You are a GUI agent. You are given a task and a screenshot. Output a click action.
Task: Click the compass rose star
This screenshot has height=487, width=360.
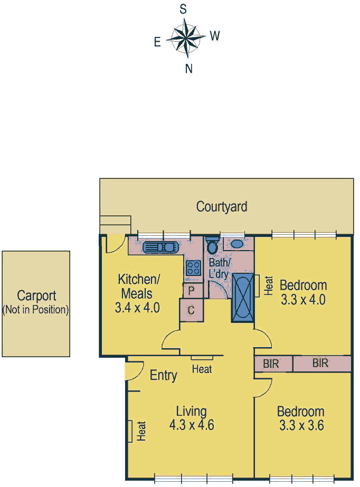coord(186,38)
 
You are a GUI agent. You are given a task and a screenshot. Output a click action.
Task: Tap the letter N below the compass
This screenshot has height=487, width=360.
coord(188,69)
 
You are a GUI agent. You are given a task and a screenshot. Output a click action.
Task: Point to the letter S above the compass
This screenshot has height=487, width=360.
coord(183,9)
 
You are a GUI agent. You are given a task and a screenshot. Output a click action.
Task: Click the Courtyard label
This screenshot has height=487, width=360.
coord(222,206)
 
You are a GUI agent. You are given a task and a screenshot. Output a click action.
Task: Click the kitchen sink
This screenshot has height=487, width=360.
coord(160,247)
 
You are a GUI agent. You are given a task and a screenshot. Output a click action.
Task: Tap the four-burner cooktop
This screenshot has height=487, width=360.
coord(193,268)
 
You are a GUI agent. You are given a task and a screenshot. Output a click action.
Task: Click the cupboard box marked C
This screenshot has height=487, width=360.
coord(192,310)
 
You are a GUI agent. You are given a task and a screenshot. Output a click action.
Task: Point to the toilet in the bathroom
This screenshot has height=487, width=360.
coord(212,245)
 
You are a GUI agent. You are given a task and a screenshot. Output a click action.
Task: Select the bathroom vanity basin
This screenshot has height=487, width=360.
coord(238,244)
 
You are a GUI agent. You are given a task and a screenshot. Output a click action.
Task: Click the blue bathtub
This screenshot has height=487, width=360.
coord(243,297)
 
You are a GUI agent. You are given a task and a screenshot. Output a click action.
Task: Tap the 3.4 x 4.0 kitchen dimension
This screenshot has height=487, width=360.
coord(137,308)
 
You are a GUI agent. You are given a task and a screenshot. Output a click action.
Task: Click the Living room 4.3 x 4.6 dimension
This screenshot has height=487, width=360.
coord(192,425)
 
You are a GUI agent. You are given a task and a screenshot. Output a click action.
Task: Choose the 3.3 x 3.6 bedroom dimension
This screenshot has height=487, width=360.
coord(301,425)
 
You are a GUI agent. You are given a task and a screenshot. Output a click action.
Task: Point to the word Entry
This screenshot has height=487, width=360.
coord(164,376)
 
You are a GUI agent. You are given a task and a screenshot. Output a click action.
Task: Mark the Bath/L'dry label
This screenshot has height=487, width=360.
coord(219,268)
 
